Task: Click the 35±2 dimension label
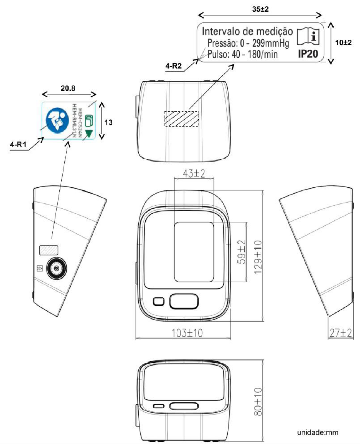(x=260, y=9)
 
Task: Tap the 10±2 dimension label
(x=343, y=42)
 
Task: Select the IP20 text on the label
(x=308, y=54)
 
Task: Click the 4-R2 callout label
(x=173, y=66)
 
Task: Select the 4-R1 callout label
(x=18, y=144)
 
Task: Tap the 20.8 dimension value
(x=68, y=88)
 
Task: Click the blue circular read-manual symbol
(x=57, y=121)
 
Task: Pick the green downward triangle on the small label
(x=89, y=134)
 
